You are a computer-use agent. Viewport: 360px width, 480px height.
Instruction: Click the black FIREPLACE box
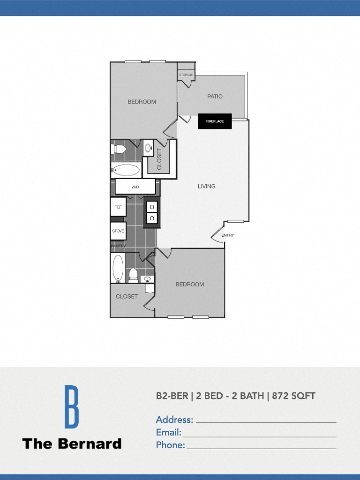coord(215,121)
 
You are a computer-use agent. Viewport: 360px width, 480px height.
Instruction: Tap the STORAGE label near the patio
coord(186,75)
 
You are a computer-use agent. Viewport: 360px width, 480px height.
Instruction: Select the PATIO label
coord(215,97)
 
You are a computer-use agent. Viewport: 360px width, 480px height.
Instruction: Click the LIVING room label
coord(206,186)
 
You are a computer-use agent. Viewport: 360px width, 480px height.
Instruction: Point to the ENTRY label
coord(227,235)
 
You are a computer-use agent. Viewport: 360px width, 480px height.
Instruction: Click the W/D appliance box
coord(135,187)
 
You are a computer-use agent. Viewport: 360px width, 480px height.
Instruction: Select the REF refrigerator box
coord(118,207)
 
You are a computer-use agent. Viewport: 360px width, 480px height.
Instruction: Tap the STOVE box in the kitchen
coord(118,231)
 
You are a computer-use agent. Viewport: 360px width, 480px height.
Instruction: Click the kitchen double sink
coord(152,212)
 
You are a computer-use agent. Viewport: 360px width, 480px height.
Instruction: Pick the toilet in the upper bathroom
coord(119,149)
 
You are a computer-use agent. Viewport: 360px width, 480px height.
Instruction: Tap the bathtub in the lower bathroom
coord(118,268)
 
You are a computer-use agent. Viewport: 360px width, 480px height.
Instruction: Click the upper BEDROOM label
coord(142,102)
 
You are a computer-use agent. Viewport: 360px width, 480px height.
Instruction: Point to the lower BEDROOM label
coord(190,285)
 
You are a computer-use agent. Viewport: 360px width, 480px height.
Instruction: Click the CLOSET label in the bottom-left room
coord(127,296)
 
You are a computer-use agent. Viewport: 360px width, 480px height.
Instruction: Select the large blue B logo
coord(71,406)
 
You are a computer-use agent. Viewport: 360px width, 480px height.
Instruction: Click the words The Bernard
coord(72,443)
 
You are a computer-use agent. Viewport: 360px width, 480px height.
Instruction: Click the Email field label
coord(168,432)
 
